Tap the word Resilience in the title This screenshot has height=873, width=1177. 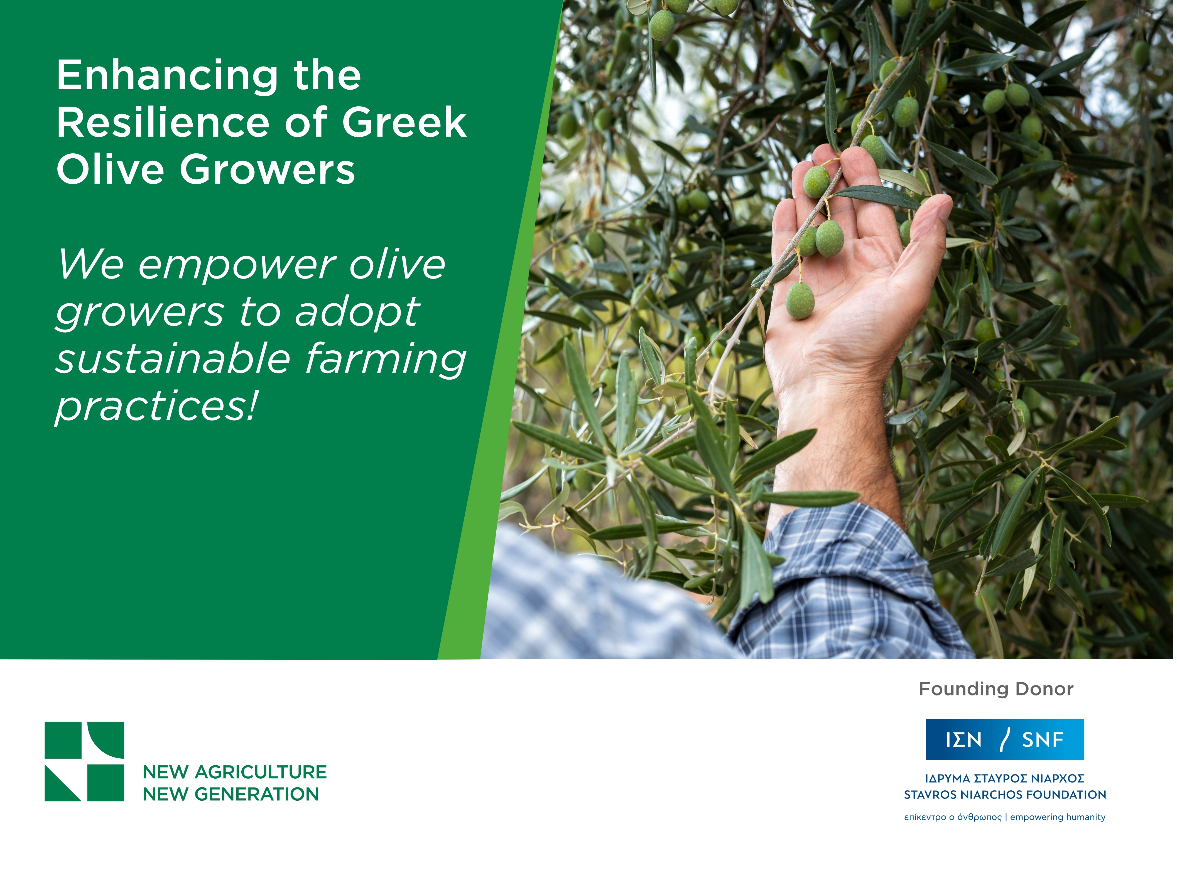tap(162, 123)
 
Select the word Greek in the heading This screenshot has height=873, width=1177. tap(404, 123)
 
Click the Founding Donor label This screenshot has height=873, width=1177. tap(996, 689)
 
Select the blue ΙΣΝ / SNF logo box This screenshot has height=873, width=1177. tap(1004, 739)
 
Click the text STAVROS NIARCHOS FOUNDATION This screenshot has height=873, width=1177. tap(1004, 795)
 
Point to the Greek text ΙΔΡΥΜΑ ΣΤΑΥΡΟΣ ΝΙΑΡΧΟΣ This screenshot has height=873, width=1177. tap(1004, 778)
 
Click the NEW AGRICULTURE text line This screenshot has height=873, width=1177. tap(235, 772)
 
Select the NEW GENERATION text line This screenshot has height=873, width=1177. tap(231, 794)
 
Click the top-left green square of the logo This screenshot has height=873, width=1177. tap(62, 740)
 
